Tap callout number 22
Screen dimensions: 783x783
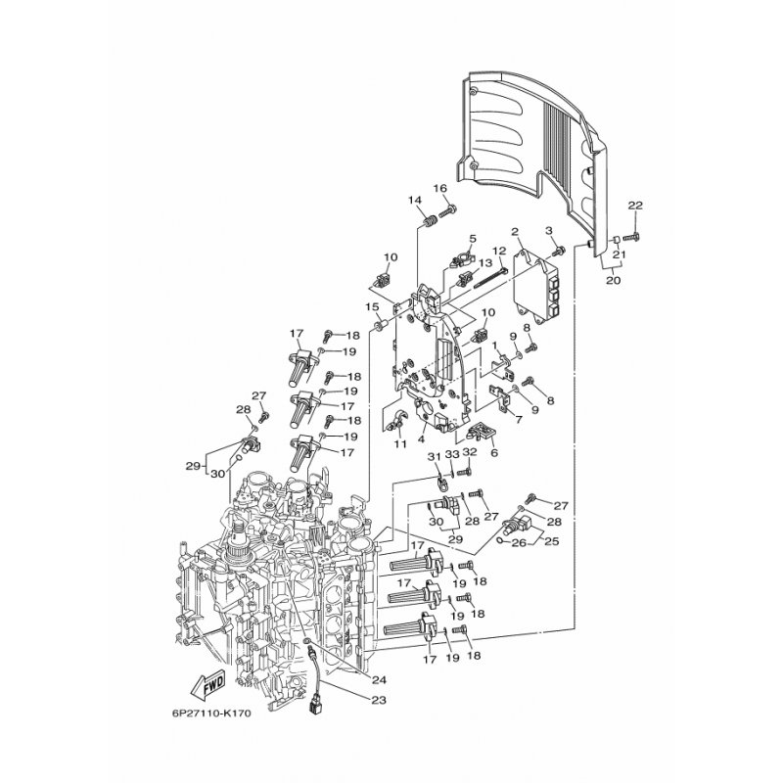635,206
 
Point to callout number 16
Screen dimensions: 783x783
439,188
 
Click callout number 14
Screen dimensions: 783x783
414,201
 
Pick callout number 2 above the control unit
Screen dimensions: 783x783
516,232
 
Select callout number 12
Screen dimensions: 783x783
499,251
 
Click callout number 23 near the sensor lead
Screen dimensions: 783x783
379,700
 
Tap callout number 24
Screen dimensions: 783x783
379,679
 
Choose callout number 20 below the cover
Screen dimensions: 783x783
613,280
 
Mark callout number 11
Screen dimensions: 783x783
400,444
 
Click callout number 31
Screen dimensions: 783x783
435,456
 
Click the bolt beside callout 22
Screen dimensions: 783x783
632,235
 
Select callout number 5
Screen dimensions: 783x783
473,238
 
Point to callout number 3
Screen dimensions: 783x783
549,230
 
